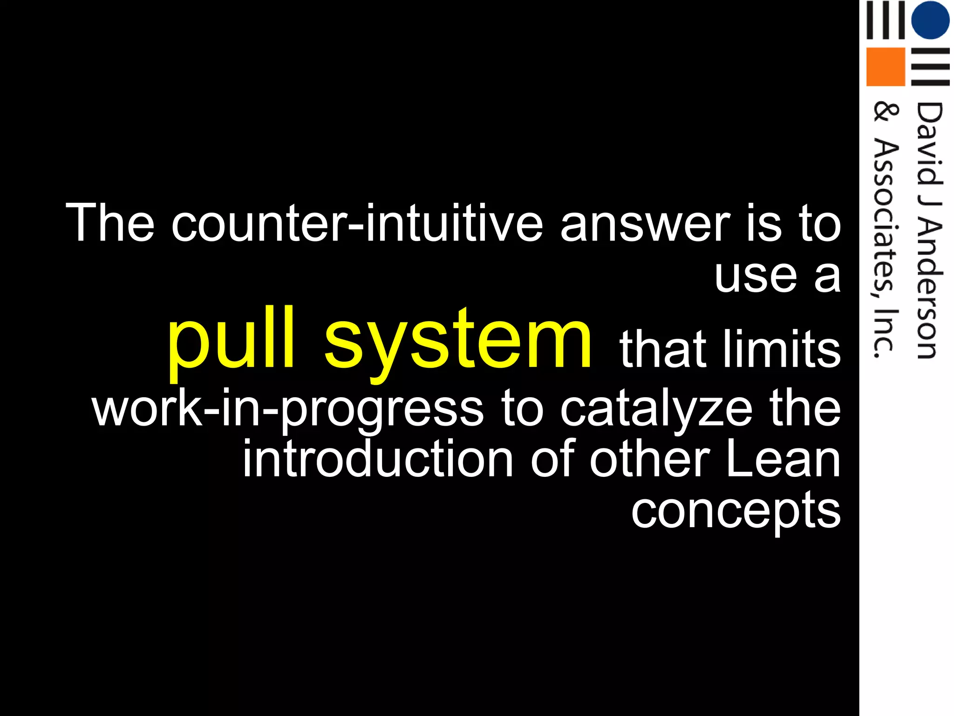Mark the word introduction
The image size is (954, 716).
378,459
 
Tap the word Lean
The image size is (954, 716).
783,459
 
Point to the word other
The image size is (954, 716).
650,459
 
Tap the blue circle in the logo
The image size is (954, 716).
930,20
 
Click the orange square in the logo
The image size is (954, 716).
885,67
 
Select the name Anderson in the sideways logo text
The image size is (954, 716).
928,289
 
